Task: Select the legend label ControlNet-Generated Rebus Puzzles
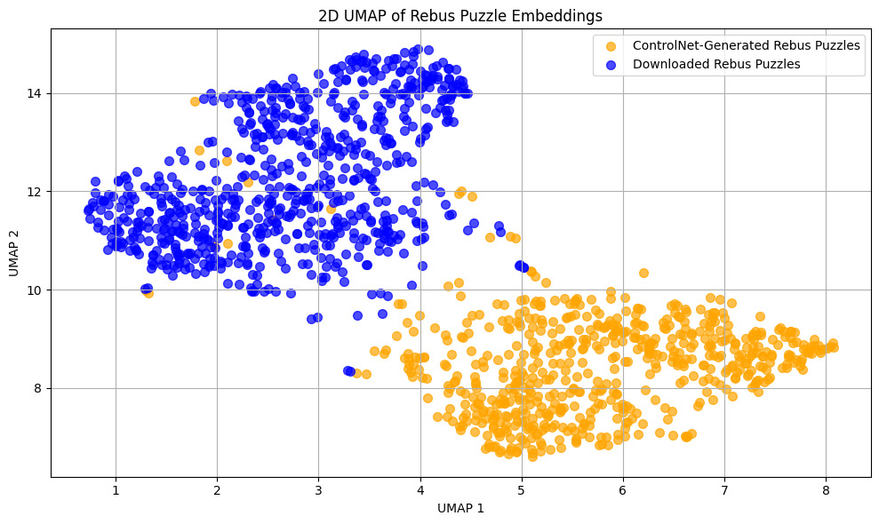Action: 746,46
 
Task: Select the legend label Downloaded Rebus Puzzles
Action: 716,64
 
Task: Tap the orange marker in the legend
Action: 611,46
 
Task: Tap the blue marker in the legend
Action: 611,64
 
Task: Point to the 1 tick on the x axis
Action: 116,488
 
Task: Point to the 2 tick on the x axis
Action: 217,488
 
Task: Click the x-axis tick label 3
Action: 318,488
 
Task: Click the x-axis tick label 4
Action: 420,488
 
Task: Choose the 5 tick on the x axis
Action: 521,488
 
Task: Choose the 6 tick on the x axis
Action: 623,488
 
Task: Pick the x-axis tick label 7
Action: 724,488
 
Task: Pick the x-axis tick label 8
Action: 826,488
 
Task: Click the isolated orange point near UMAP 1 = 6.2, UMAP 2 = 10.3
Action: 643,273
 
